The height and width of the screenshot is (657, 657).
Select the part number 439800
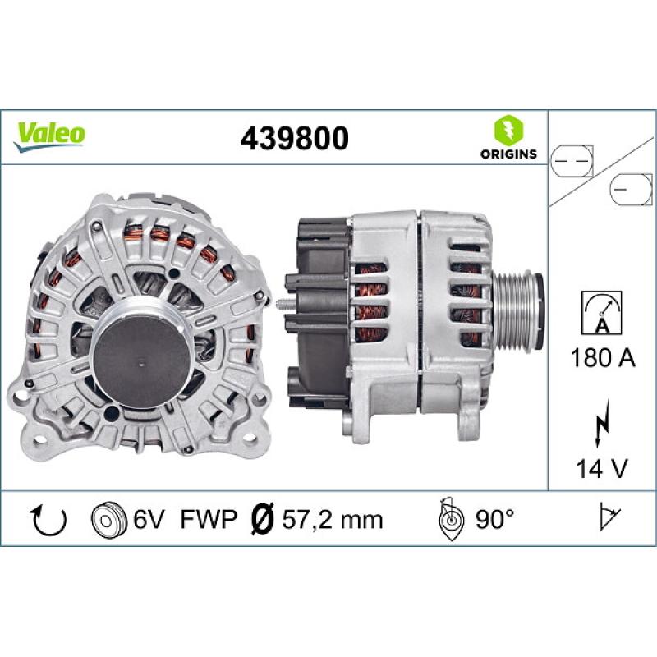tap(293, 138)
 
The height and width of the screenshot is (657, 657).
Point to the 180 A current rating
tap(602, 358)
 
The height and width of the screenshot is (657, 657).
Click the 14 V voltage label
tap(602, 469)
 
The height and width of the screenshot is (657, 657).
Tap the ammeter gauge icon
tap(602, 313)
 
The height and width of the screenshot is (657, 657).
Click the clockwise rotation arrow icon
tap(48, 518)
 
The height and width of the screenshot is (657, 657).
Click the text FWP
tap(208, 519)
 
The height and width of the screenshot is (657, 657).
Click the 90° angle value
tap(494, 519)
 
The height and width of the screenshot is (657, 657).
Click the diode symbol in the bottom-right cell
tap(609, 517)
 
